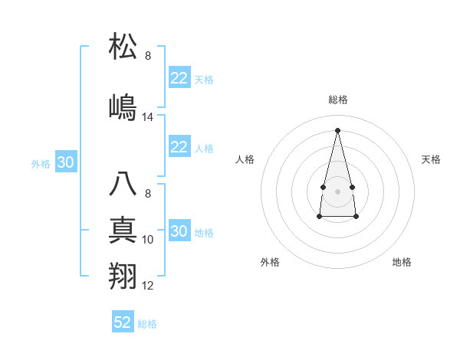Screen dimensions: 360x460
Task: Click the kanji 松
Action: click(x=123, y=47)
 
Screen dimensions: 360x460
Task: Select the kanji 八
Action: click(x=123, y=185)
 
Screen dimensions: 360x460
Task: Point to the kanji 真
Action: click(x=123, y=229)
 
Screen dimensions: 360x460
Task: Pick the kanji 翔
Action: click(x=123, y=275)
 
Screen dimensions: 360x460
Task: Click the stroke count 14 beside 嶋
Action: click(x=148, y=117)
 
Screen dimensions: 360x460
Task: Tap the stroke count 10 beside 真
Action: click(x=148, y=240)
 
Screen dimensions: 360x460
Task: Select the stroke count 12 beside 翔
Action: click(x=148, y=286)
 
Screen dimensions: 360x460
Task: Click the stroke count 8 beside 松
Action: click(x=148, y=56)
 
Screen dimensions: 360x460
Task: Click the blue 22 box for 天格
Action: click(x=179, y=78)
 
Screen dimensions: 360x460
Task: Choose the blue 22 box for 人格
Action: click(x=179, y=147)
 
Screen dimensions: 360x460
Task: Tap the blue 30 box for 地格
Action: click(x=179, y=231)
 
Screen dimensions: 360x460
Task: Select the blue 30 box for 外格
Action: click(x=65, y=162)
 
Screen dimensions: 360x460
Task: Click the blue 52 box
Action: click(x=123, y=322)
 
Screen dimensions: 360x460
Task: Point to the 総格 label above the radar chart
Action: click(x=337, y=100)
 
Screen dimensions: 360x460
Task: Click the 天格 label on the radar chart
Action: click(x=431, y=159)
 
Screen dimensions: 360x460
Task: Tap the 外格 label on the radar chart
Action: click(x=270, y=262)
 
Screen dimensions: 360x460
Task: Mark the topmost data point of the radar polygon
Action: click(x=337, y=129)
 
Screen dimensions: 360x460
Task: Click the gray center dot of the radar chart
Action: click(x=337, y=190)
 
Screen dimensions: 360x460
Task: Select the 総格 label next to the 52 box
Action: click(x=147, y=324)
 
